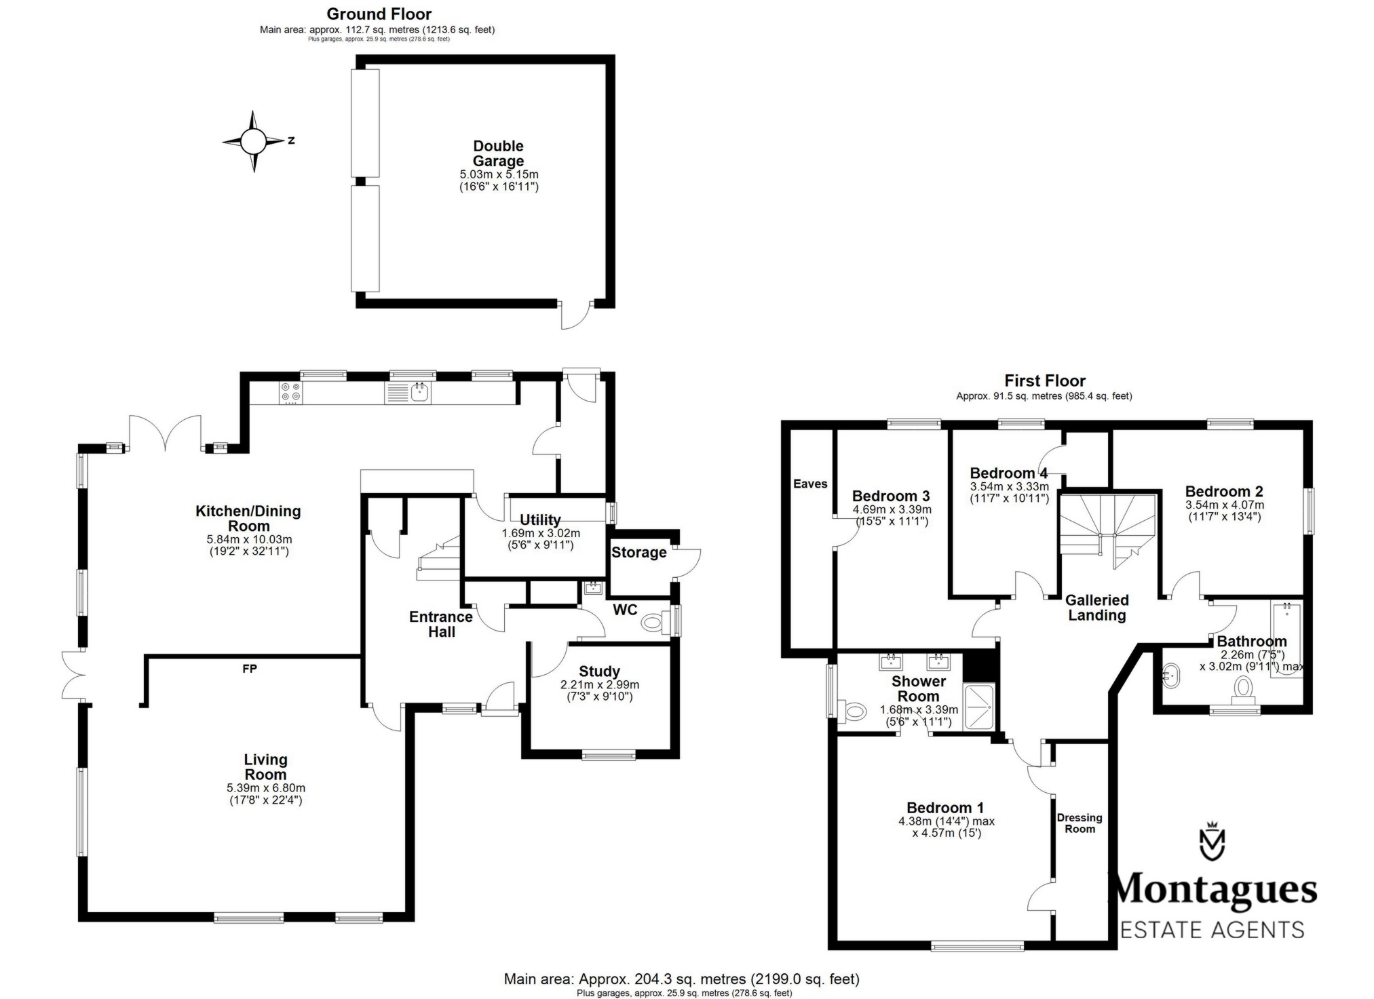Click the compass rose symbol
point(253,141)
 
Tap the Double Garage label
point(499,153)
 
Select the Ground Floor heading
point(379,14)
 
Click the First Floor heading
point(1045,380)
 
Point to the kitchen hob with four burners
point(291,393)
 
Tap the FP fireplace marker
point(250,669)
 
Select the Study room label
point(599,671)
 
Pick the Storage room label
point(639,552)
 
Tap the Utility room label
point(540,520)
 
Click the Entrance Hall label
point(441,624)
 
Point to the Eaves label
point(810,484)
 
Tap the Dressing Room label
point(1080,823)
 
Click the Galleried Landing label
point(1097,608)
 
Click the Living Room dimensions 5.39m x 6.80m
point(266,788)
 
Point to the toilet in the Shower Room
point(854,711)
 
